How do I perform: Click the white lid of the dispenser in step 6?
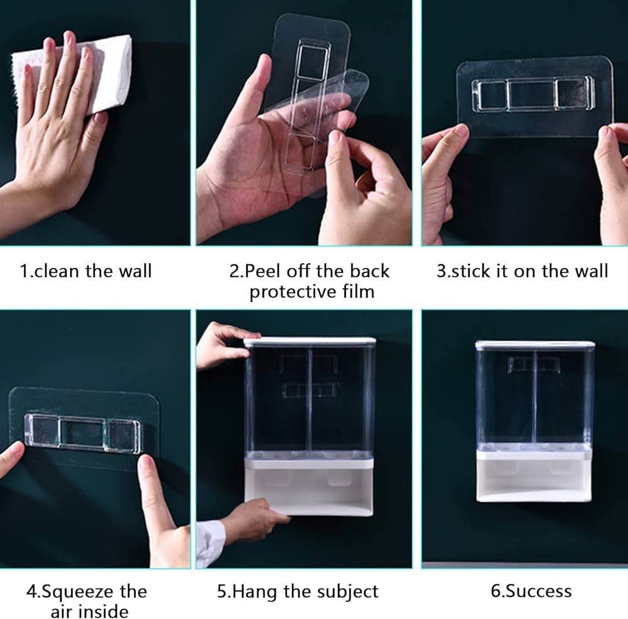tap(535, 344)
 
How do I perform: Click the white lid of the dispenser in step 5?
tap(310, 342)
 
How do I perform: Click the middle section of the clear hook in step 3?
tap(531, 95)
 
